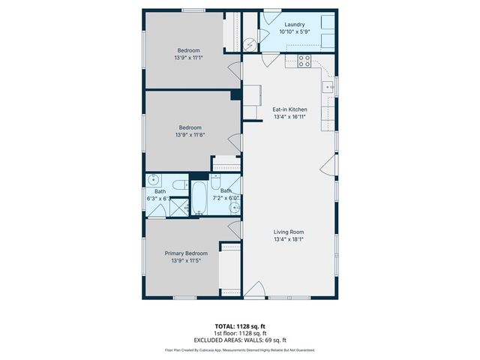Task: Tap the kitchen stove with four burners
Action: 304,61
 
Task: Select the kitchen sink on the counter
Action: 328,88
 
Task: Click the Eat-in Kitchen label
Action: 289,109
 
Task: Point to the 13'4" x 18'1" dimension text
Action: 289,241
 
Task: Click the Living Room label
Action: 289,232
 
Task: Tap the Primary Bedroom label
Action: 186,253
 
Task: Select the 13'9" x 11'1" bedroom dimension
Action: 188,58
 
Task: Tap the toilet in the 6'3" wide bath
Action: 179,184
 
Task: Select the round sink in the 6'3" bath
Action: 153,180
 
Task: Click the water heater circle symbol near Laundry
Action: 250,44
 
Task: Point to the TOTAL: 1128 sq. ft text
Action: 239,327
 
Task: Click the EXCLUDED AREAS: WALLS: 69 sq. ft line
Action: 239,340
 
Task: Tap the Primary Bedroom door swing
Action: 234,226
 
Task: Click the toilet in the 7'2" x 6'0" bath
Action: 215,182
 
